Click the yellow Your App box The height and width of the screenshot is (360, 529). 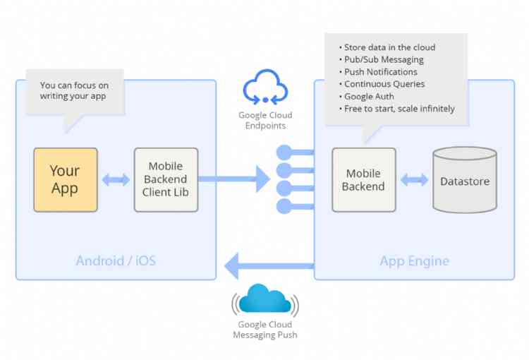[65, 179]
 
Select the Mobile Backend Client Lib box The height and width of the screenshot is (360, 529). [166, 179]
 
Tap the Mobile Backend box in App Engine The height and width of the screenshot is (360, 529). [363, 179]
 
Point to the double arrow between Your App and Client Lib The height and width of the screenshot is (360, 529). [116, 179]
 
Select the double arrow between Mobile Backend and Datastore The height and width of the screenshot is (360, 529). [414, 179]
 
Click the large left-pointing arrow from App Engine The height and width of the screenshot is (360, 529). [268, 266]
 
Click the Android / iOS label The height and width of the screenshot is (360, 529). [116, 260]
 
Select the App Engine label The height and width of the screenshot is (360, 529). [414, 260]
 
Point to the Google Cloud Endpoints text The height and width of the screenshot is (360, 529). [265, 121]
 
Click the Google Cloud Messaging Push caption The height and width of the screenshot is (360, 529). [264, 330]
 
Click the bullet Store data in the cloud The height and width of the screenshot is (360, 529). [389, 47]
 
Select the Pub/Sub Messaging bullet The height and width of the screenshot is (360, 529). [384, 59]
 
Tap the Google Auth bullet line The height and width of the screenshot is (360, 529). [372, 96]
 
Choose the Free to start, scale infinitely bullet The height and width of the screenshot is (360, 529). [399, 109]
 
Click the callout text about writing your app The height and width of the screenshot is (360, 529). [73, 90]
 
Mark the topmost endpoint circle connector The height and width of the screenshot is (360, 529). [284, 152]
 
